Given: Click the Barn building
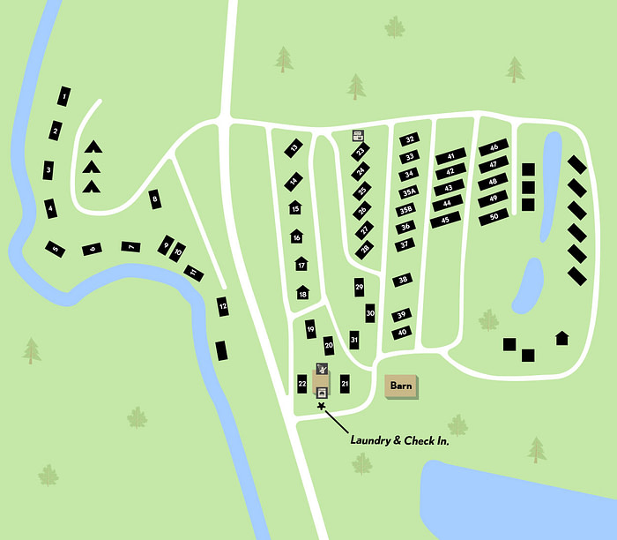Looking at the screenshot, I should pyautogui.click(x=402, y=386).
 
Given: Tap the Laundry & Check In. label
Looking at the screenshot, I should pyautogui.click(x=400, y=439).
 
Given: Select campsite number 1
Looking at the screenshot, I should pyautogui.click(x=65, y=95).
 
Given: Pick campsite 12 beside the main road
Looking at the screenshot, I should pyautogui.click(x=222, y=306).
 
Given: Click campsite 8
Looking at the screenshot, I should pyautogui.click(x=156, y=199).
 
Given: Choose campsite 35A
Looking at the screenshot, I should pyautogui.click(x=408, y=192).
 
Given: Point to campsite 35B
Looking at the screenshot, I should pyautogui.click(x=405, y=210).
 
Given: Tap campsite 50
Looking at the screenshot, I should pyautogui.click(x=494, y=216).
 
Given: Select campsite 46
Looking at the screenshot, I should pyautogui.click(x=494, y=147).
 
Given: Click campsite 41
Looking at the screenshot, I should pyautogui.click(x=450, y=156).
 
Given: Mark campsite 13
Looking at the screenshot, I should pyautogui.click(x=294, y=147).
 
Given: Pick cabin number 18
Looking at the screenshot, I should pyautogui.click(x=302, y=293).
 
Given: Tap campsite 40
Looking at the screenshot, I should pyautogui.click(x=402, y=333).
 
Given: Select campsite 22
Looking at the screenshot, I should pyautogui.click(x=301, y=384).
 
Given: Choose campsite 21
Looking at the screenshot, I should pyautogui.click(x=345, y=383).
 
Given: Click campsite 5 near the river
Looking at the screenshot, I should pyautogui.click(x=55, y=250).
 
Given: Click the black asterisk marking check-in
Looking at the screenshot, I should pyautogui.click(x=322, y=407).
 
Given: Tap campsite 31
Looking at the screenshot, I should pyautogui.click(x=353, y=340).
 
